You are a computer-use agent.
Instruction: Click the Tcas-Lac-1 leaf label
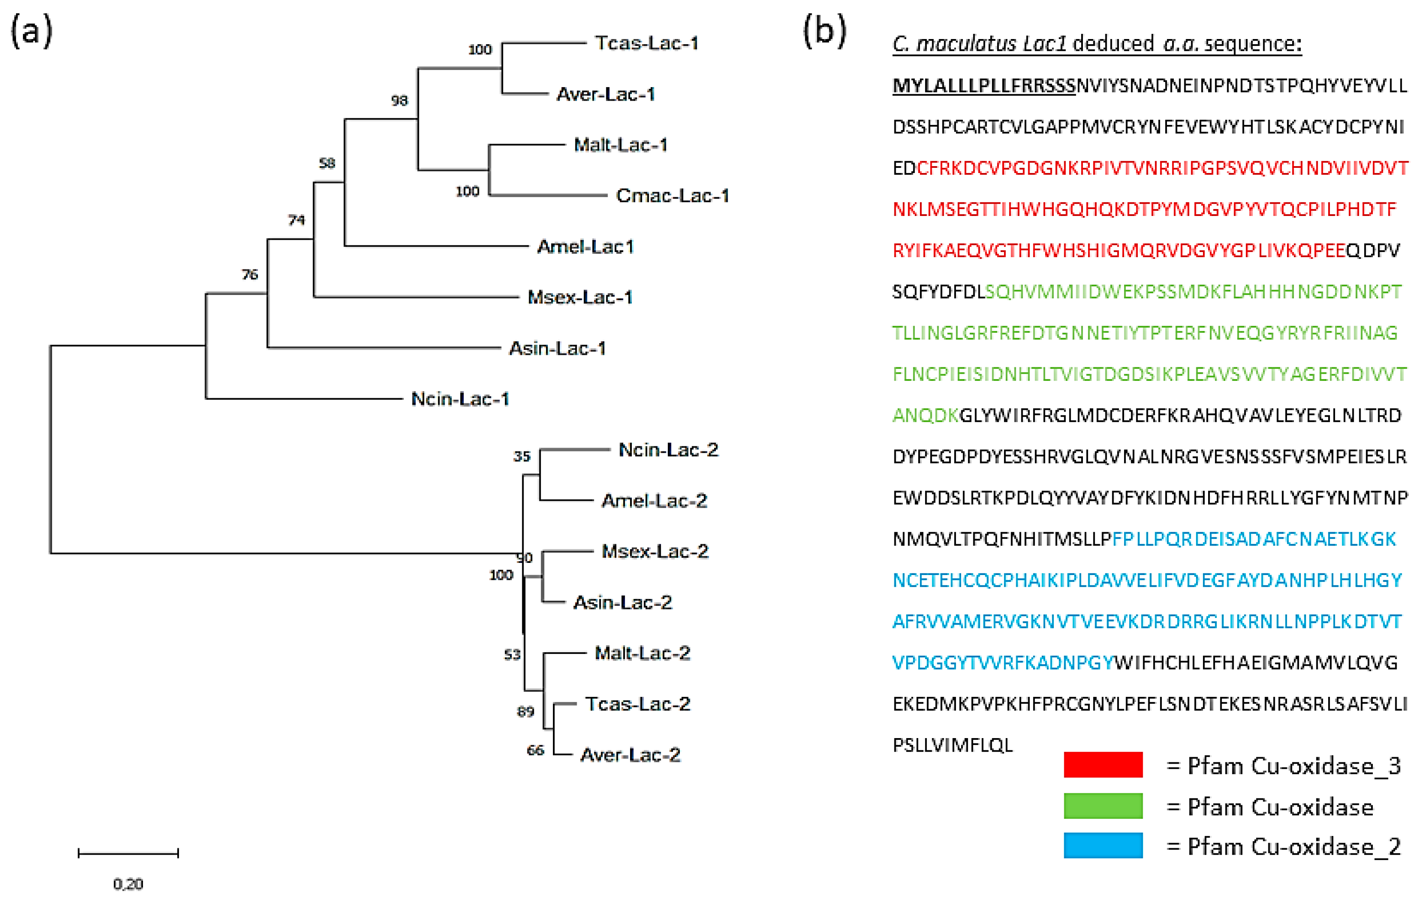pyautogui.click(x=646, y=43)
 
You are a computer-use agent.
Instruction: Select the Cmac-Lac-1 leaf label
pyautogui.click(x=672, y=196)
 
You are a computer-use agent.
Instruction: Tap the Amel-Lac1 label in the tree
pyautogui.click(x=585, y=247)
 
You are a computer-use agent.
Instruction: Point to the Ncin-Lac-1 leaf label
pyautogui.click(x=460, y=399)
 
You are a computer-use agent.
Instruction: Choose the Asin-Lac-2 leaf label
pyautogui.click(x=623, y=602)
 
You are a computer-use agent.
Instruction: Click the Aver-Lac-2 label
pyautogui.click(x=630, y=755)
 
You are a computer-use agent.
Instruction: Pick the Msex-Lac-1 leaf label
pyautogui.click(x=580, y=297)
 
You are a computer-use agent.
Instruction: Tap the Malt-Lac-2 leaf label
pyautogui.click(x=642, y=653)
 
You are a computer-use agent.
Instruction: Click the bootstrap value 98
pyautogui.click(x=400, y=101)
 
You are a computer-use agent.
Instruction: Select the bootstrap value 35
pyautogui.click(x=521, y=456)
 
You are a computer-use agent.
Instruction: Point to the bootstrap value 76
pyautogui.click(x=250, y=275)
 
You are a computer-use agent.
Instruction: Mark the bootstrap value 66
pyautogui.click(x=535, y=750)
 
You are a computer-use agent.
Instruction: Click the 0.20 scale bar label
pyautogui.click(x=128, y=884)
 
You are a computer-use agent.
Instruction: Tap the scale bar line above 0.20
pyautogui.click(x=128, y=853)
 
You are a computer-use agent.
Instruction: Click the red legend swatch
pyautogui.click(x=1103, y=765)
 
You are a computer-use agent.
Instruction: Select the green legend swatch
pyautogui.click(x=1103, y=806)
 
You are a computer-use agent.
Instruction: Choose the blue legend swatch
pyautogui.click(x=1103, y=845)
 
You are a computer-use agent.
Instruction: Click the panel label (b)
pyautogui.click(x=825, y=31)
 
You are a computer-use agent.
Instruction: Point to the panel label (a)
pyautogui.click(x=32, y=31)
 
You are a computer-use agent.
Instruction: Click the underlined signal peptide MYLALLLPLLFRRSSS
pyautogui.click(x=983, y=86)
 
